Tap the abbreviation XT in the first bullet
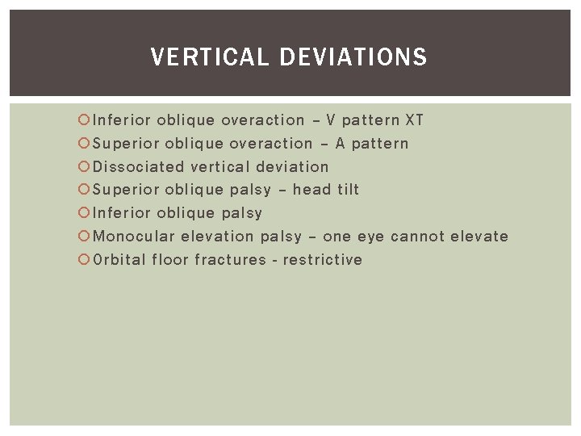click(x=414, y=120)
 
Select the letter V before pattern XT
click(x=331, y=120)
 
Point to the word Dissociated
click(x=139, y=167)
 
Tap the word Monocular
click(x=134, y=237)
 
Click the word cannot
click(x=417, y=237)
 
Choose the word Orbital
click(x=119, y=260)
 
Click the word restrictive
click(x=323, y=260)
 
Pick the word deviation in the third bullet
click(x=292, y=167)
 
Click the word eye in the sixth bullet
click(x=369, y=237)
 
